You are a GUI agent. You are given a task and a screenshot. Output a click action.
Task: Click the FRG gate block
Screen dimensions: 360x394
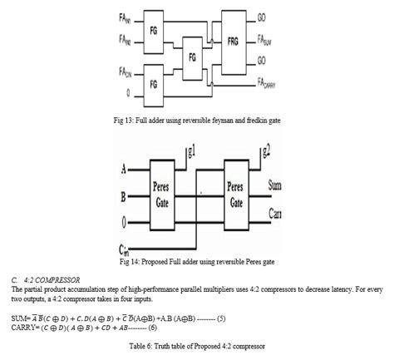point(234,42)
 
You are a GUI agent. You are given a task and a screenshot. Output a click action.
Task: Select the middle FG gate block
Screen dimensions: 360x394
point(193,57)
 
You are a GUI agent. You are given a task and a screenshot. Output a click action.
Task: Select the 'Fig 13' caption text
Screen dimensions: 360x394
point(197,121)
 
